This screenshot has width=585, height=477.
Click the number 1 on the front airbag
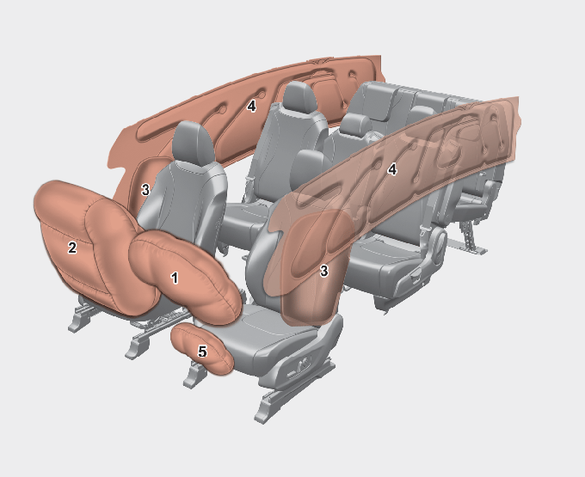pos(175,278)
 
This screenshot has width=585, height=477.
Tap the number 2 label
pos(72,248)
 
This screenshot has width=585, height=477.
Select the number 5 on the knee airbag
pos(202,351)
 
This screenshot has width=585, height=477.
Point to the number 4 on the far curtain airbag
pos(251,107)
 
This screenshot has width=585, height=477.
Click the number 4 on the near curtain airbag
pos(391,170)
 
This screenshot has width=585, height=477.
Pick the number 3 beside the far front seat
pos(145,190)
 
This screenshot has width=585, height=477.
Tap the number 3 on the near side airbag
pos(323,271)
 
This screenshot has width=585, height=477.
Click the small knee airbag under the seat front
pos(202,348)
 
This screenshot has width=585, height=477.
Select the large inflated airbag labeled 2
pos(89,246)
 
